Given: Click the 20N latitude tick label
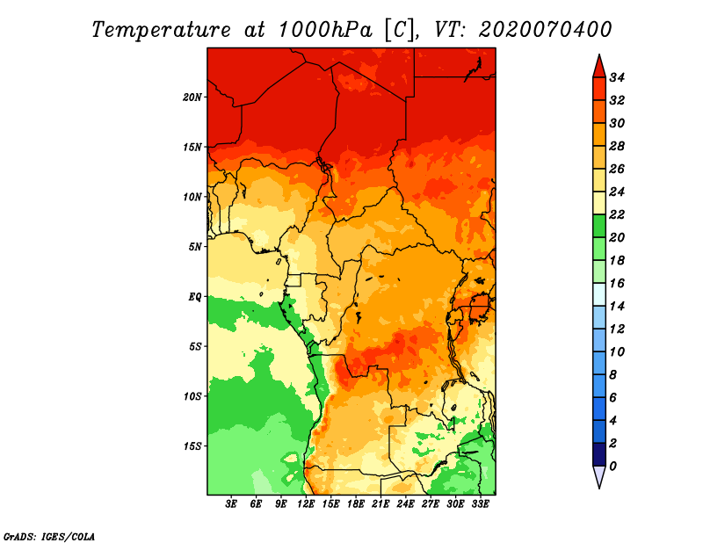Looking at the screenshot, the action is click(192, 98).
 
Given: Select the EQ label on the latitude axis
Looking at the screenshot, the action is click(195, 297).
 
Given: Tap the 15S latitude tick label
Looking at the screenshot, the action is click(192, 446).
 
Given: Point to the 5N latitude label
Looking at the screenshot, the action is click(195, 247).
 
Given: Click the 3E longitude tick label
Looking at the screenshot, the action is click(230, 504).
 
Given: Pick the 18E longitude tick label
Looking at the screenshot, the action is click(355, 504).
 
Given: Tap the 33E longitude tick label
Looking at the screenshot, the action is click(480, 504).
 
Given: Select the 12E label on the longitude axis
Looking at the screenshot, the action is click(305, 504).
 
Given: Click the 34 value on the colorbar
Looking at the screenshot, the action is click(617, 77).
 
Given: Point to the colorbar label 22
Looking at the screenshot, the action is click(617, 214).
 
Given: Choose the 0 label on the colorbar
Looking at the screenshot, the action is click(612, 467).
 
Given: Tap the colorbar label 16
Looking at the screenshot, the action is click(617, 284).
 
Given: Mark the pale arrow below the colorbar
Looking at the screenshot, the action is click(599, 476).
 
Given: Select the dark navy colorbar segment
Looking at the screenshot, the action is click(599, 454).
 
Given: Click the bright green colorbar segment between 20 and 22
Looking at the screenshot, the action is click(599, 226).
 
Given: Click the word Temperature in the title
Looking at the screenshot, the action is click(161, 30).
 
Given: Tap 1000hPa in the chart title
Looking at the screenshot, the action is click(324, 30).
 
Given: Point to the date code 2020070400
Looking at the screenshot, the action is click(545, 30).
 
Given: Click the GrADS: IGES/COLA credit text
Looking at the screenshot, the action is click(49, 536).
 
